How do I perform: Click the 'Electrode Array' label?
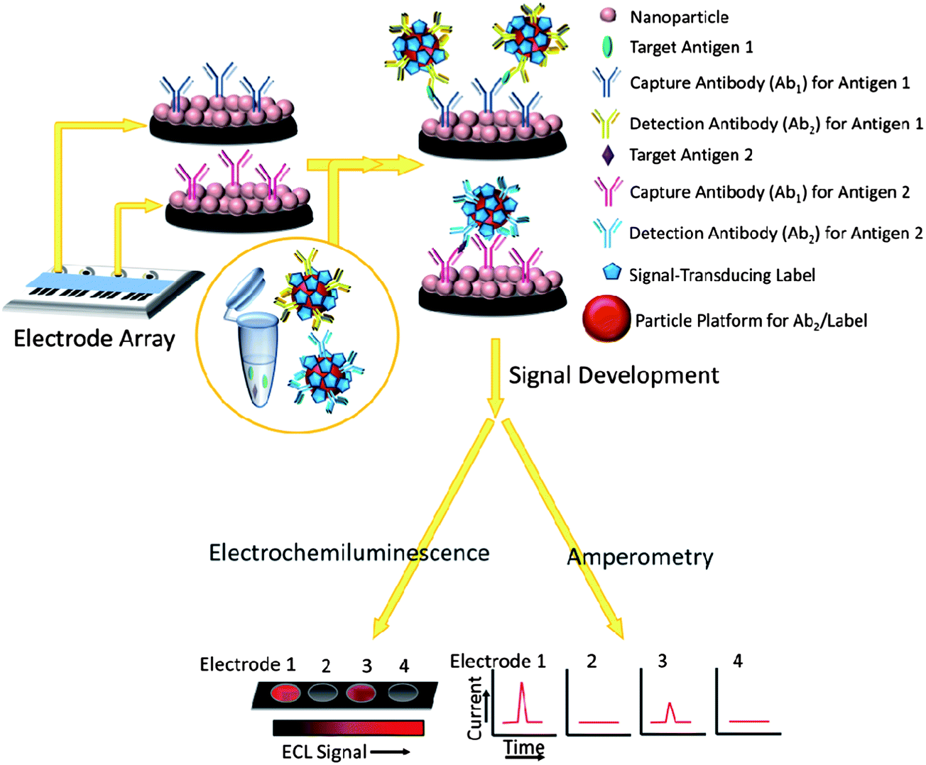pos(94,339)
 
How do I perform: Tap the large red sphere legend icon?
pos(606,320)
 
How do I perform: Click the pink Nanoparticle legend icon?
pos(608,16)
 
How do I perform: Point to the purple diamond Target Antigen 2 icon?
pos(608,155)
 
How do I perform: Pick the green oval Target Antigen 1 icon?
pos(607,47)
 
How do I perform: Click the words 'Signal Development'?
pos(614,375)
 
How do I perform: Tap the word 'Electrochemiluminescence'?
pos(349,553)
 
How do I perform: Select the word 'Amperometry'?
pos(640,558)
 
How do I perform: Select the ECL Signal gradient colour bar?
pos(348,728)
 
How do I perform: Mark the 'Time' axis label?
pos(524,747)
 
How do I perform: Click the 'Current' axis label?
pos(475,707)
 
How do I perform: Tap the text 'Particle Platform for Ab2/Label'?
pos(751,321)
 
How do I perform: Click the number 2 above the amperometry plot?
pos(591,661)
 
